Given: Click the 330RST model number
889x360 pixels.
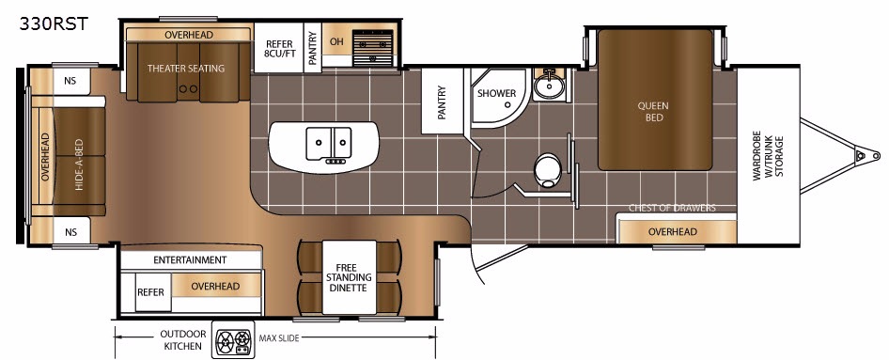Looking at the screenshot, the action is (x=54, y=23).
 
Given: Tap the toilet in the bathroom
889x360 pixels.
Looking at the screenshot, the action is (x=548, y=170).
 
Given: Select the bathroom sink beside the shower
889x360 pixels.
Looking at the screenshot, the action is (x=549, y=86).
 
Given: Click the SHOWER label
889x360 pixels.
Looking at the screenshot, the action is (x=497, y=94).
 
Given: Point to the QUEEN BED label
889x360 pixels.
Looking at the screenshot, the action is (x=653, y=112).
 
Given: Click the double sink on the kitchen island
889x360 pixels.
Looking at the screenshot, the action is (x=329, y=144).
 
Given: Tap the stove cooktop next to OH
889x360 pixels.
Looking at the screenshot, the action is (x=373, y=48).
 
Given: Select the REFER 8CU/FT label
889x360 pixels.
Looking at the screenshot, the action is (x=279, y=49).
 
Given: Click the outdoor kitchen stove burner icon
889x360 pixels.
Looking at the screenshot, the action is (x=234, y=340).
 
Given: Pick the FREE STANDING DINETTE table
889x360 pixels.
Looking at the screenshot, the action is (x=349, y=278).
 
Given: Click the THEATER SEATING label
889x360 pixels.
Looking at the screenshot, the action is (x=186, y=69).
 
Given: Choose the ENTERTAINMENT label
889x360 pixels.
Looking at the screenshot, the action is (x=190, y=260).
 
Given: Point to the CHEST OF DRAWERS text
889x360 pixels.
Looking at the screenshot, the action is (x=672, y=208).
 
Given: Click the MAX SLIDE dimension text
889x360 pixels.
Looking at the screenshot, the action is (x=279, y=338).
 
